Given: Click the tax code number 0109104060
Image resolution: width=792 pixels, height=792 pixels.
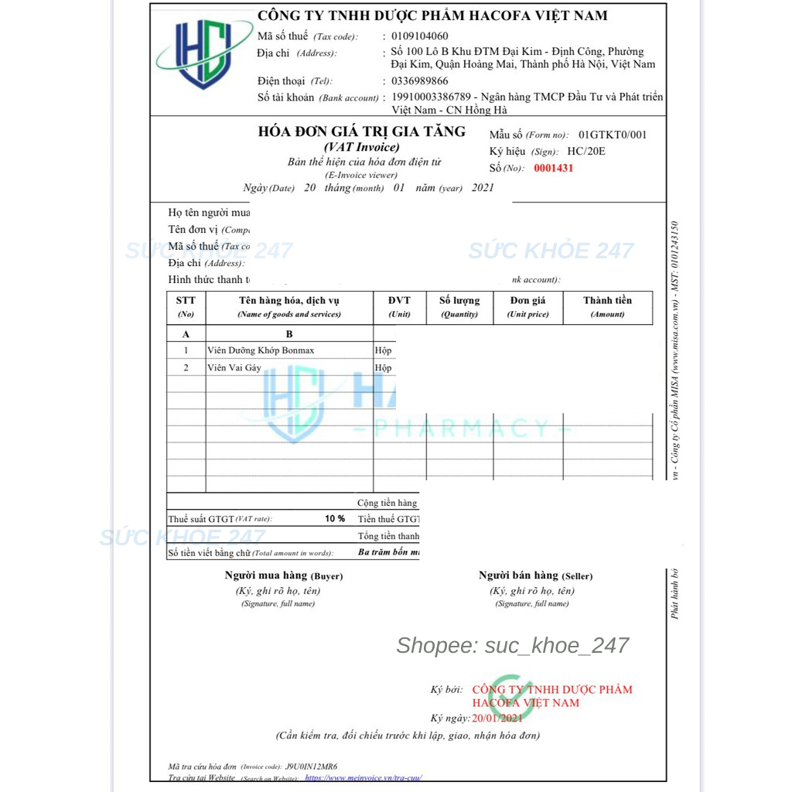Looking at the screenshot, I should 419,36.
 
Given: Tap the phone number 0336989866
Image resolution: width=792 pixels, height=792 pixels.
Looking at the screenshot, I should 419,80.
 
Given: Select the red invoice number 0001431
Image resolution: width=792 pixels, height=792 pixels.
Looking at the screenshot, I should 554,168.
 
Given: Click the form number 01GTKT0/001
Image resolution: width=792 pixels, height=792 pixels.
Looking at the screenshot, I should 613,135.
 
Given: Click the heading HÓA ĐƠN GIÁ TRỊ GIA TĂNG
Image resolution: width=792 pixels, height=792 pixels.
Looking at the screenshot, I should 362,131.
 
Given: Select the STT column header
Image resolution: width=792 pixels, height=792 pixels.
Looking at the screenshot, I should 186,300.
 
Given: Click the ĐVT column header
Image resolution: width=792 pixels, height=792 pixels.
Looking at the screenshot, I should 399,300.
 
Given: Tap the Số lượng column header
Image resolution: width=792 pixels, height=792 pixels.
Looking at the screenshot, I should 459,300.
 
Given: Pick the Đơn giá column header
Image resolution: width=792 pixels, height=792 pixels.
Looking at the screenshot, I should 527,300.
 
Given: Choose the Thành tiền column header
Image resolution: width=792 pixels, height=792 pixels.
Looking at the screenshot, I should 607,300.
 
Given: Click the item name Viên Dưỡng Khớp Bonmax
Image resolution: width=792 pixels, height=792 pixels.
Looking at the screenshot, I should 261,350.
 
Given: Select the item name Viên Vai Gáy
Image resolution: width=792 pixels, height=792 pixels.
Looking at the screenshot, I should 234,368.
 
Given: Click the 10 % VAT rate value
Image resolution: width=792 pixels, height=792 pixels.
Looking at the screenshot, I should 335,518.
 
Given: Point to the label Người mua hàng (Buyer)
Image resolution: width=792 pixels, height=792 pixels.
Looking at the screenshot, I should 284,575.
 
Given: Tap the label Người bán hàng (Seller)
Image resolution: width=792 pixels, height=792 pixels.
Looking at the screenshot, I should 535,575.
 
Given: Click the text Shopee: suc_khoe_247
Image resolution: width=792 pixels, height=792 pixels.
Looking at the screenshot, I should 512,646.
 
